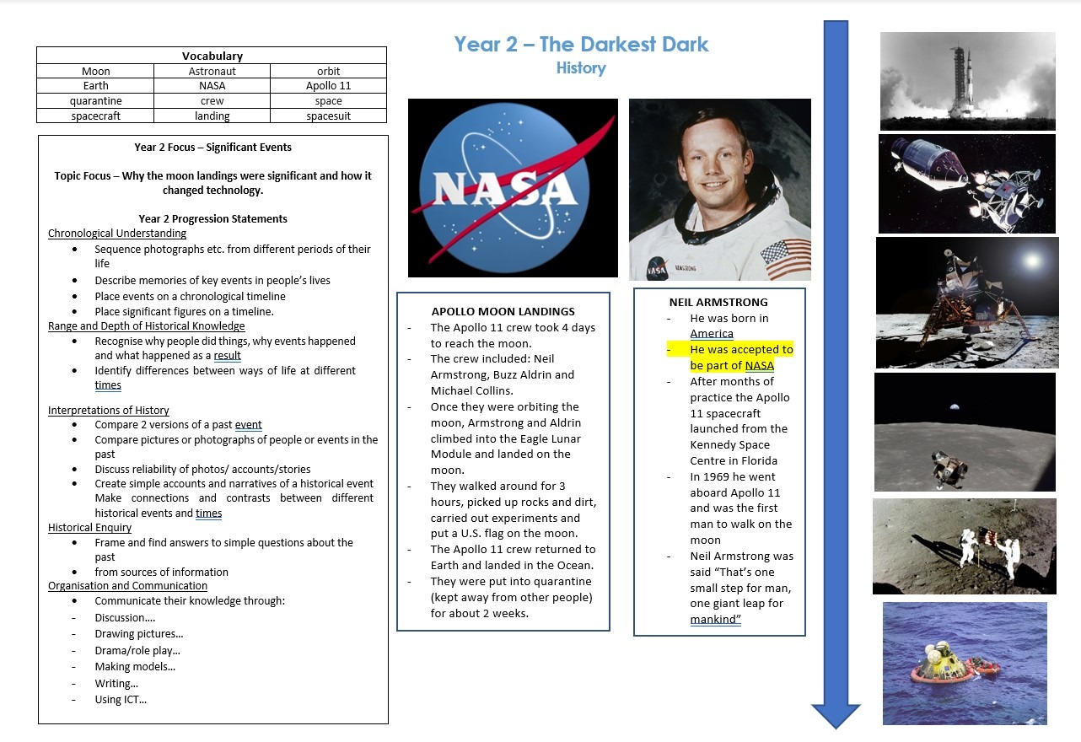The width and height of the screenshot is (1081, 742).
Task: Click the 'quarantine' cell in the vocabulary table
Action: (95, 101)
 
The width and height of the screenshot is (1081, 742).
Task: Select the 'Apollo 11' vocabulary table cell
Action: (328, 85)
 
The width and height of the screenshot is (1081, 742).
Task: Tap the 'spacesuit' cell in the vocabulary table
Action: (328, 116)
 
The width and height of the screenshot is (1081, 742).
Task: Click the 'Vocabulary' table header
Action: (212, 56)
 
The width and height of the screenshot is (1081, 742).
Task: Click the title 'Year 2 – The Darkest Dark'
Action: (581, 45)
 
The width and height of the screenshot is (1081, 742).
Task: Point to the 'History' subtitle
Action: (581, 68)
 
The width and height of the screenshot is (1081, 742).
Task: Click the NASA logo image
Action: (513, 188)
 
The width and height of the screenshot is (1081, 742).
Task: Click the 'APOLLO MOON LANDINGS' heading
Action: (503, 311)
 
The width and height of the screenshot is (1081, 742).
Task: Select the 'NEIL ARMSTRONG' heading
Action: (718, 302)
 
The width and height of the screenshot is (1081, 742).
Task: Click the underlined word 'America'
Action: (712, 333)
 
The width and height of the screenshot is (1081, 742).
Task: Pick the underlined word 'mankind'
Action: (715, 619)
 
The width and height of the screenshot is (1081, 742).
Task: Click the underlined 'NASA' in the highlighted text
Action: (759, 365)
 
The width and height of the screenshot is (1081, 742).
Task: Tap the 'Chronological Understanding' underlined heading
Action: (117, 233)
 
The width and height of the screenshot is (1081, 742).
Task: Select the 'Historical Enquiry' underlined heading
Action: (89, 527)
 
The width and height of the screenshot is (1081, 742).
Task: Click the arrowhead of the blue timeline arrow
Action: (836, 717)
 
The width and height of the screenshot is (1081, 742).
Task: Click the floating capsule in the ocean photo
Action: (941, 664)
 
